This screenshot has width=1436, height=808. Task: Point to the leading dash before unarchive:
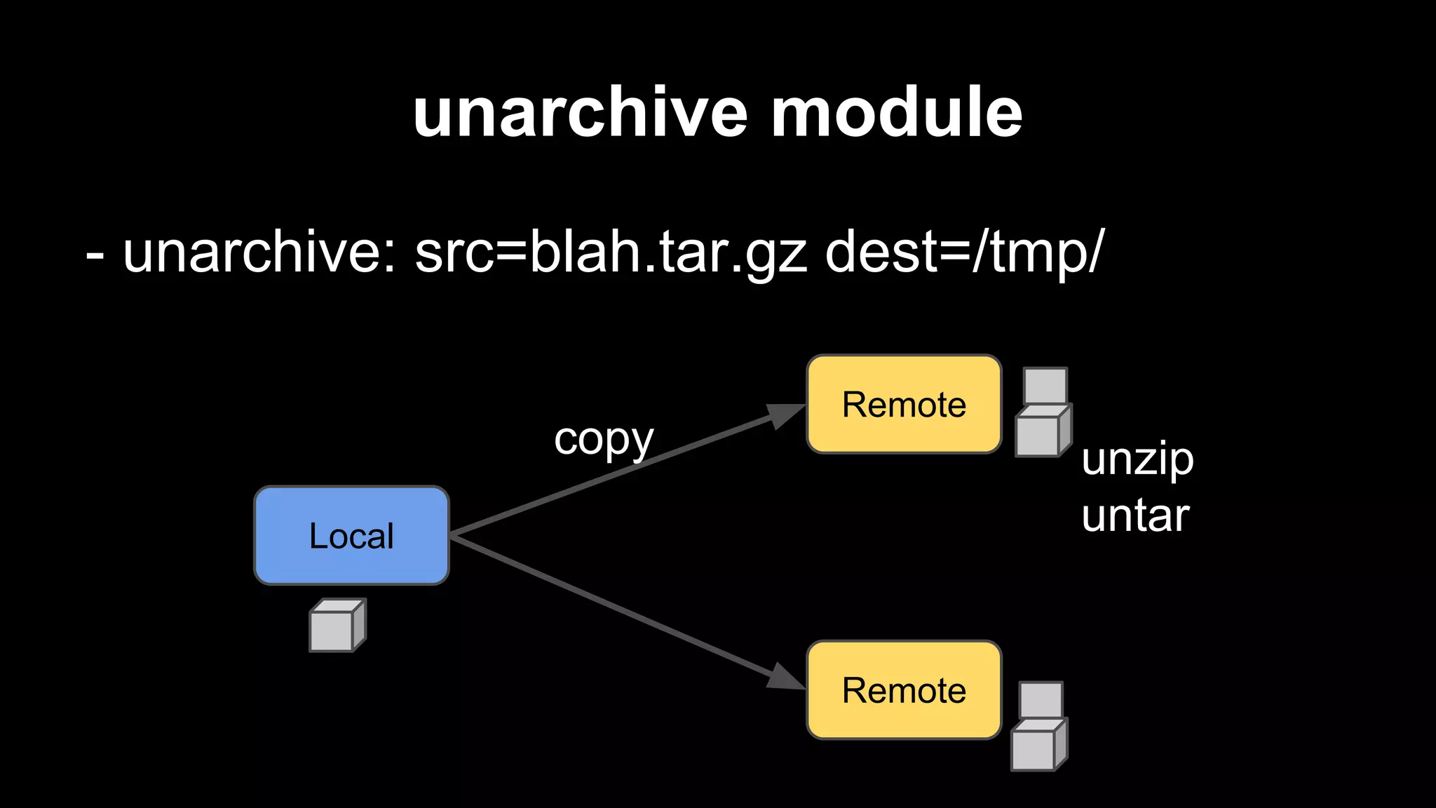[95, 257]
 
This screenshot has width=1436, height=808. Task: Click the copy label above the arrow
[604, 440]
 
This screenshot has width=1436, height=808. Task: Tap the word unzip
[1137, 460]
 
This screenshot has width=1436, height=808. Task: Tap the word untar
[1135, 516]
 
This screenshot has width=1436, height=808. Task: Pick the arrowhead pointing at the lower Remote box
[785, 678]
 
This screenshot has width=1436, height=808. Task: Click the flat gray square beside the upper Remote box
[1045, 385]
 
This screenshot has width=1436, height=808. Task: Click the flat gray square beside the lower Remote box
[1041, 699]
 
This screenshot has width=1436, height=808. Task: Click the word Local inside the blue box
[351, 536]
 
